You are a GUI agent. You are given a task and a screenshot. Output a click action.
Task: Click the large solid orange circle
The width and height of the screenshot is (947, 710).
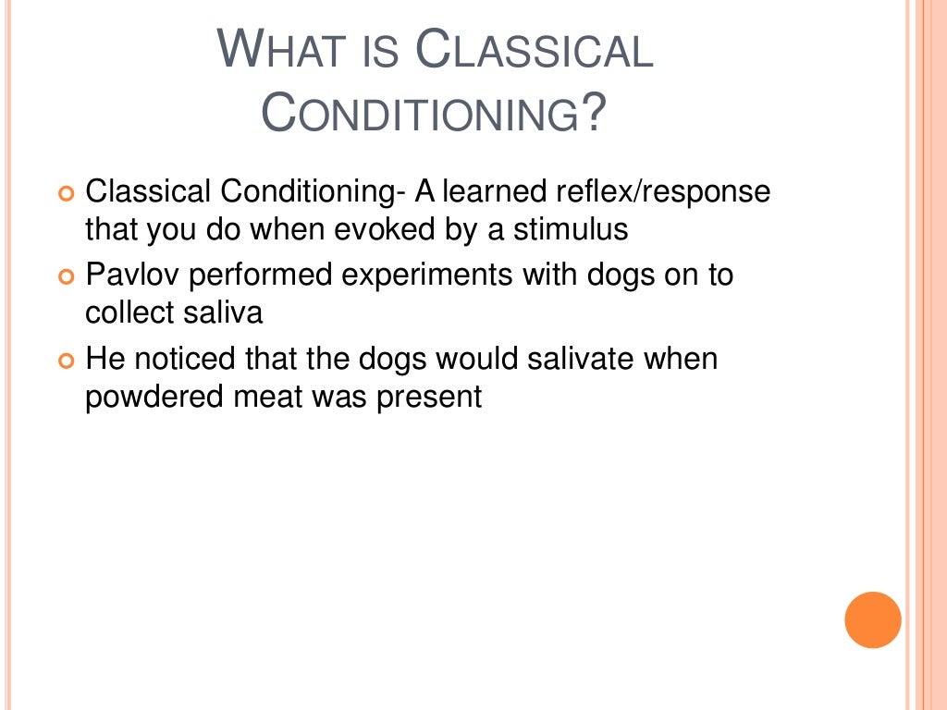click(872, 619)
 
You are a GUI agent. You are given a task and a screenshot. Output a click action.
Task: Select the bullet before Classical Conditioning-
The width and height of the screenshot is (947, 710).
click(65, 194)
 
